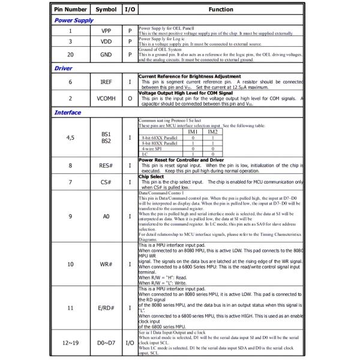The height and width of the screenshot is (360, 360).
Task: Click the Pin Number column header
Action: point(71,10)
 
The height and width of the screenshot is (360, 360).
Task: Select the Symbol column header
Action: point(106,10)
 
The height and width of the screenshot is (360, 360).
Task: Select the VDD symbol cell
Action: point(106,42)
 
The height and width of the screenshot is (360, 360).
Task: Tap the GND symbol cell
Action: point(106,55)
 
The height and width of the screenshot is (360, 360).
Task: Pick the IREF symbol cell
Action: point(106,81)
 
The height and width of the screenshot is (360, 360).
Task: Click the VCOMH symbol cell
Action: point(106,97)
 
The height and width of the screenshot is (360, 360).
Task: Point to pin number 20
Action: point(71,55)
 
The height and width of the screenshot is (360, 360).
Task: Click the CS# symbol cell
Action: point(106,181)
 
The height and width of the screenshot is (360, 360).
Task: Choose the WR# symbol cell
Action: point(106,263)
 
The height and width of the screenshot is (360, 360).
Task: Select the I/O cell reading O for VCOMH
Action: point(129,97)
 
